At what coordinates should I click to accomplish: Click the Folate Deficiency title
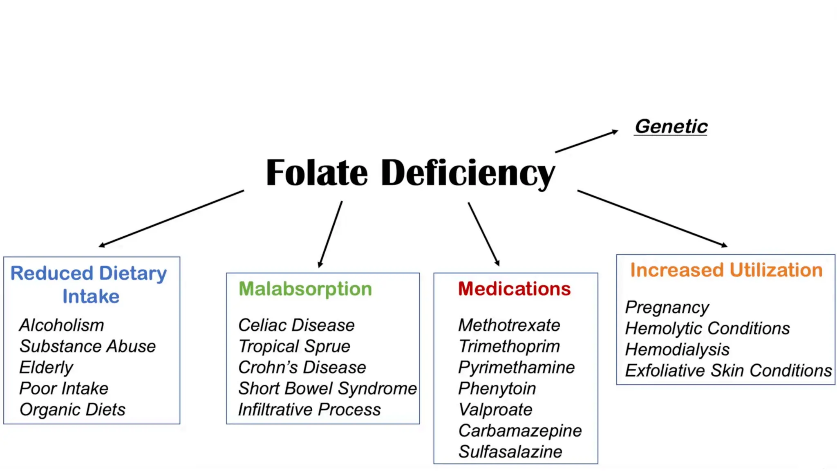click(x=410, y=173)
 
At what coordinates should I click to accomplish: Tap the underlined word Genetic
click(x=671, y=126)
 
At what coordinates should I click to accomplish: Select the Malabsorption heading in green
click(x=305, y=289)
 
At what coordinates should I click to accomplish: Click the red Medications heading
click(x=514, y=289)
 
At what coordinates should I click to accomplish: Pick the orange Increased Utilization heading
click(x=726, y=270)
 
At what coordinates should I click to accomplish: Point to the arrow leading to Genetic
click(x=586, y=141)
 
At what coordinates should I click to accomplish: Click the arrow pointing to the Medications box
click(x=483, y=234)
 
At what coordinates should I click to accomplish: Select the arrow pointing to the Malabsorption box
click(x=330, y=234)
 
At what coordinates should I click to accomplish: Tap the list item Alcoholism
click(x=62, y=325)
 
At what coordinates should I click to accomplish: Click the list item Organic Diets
click(x=72, y=410)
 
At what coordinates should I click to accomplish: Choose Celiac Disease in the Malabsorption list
click(x=296, y=325)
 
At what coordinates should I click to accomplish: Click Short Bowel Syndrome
click(x=327, y=388)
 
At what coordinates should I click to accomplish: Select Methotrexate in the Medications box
click(x=509, y=325)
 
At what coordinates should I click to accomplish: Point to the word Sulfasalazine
click(x=510, y=452)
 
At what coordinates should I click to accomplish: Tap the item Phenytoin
click(x=497, y=388)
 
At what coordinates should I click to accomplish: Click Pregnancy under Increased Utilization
click(x=667, y=307)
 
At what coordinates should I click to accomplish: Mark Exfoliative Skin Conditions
click(x=728, y=371)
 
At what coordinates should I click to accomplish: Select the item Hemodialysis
click(x=677, y=350)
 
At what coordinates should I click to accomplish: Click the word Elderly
click(x=46, y=368)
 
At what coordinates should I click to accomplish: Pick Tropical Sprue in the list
click(x=294, y=347)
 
